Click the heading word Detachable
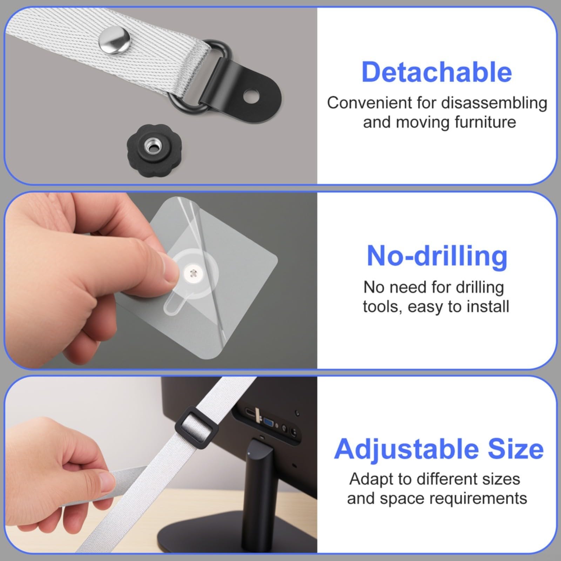437,72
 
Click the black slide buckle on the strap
196,424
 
